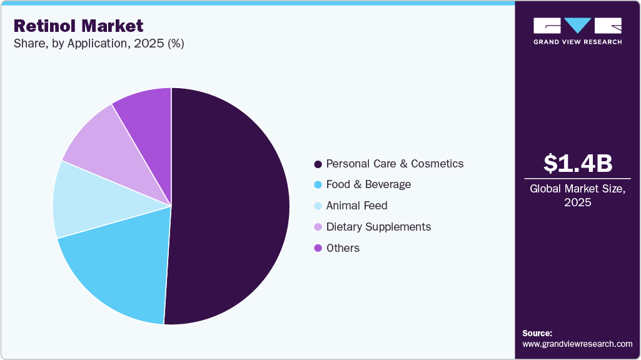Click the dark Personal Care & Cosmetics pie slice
[231, 206]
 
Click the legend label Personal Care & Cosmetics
[395, 164]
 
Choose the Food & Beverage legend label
[368, 184]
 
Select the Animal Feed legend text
[356, 206]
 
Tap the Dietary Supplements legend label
[378, 227]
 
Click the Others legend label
[343, 248]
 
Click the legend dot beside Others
[318, 248]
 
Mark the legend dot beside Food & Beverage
[318, 185]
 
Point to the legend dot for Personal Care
[318, 164]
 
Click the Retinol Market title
[78, 26]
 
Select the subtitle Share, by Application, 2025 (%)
[98, 44]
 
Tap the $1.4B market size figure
[577, 163]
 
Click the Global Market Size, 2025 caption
[577, 196]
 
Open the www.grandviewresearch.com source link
[577, 344]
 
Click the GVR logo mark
[577, 26]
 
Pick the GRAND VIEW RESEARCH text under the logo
[577, 42]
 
